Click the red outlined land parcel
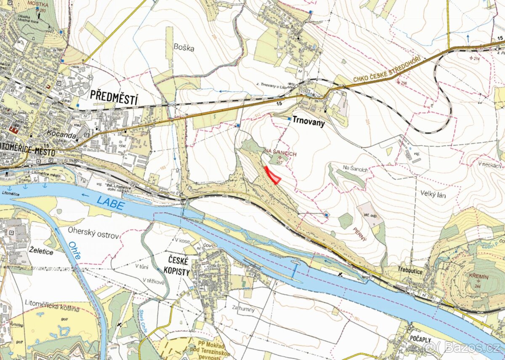(x=273, y=176)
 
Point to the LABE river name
(x=110, y=204)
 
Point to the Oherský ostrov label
(x=93, y=235)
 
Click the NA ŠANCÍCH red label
(x=280, y=155)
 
